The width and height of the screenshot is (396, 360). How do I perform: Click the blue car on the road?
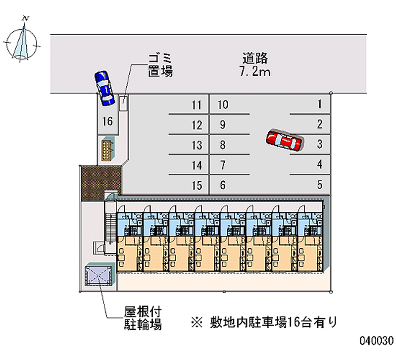(x=104, y=88)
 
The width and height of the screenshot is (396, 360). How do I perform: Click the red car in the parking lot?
(x=284, y=141)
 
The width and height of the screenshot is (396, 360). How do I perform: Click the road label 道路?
(x=255, y=58)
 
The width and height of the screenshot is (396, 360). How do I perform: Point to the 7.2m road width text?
(x=255, y=72)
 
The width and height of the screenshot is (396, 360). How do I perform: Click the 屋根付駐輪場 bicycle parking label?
(x=143, y=318)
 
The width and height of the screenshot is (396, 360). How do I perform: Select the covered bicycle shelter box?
(x=99, y=274)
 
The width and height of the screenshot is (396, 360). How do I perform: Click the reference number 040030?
(x=376, y=341)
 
